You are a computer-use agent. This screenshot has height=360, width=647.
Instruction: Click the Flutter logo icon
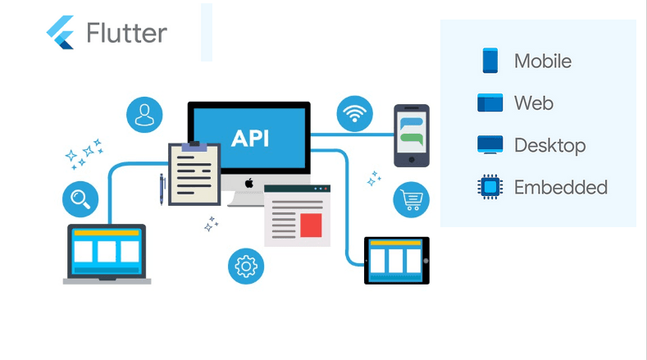tap(61, 33)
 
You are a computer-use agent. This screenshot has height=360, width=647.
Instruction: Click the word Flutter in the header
tap(126, 34)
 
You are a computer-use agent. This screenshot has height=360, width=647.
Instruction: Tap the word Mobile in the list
tap(542, 61)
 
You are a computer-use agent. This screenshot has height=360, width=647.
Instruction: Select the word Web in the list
tap(533, 103)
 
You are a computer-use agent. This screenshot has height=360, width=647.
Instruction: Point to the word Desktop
tap(549, 145)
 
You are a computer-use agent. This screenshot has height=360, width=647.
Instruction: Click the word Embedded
tap(560, 187)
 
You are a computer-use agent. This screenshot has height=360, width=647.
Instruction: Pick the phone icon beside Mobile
tap(490, 61)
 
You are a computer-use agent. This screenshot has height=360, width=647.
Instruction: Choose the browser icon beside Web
tap(490, 103)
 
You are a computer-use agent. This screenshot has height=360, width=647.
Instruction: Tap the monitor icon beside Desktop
tap(490, 145)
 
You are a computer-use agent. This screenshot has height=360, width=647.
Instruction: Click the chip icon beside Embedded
tap(490, 188)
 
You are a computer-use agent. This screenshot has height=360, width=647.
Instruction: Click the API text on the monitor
tap(249, 138)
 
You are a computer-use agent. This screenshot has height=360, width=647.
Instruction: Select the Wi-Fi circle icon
tap(354, 114)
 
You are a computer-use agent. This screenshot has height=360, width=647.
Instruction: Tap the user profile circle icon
tap(144, 114)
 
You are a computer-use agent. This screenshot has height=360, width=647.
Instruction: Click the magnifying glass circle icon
tap(80, 198)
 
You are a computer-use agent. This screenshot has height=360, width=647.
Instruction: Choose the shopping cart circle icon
tap(411, 199)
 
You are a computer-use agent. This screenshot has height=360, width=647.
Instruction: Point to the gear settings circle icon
tap(246, 266)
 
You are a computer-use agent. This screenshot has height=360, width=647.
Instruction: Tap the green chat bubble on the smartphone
tap(412, 138)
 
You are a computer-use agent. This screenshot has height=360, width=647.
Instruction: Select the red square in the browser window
tap(311, 225)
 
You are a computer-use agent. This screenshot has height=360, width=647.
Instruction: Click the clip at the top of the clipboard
tap(194, 146)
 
